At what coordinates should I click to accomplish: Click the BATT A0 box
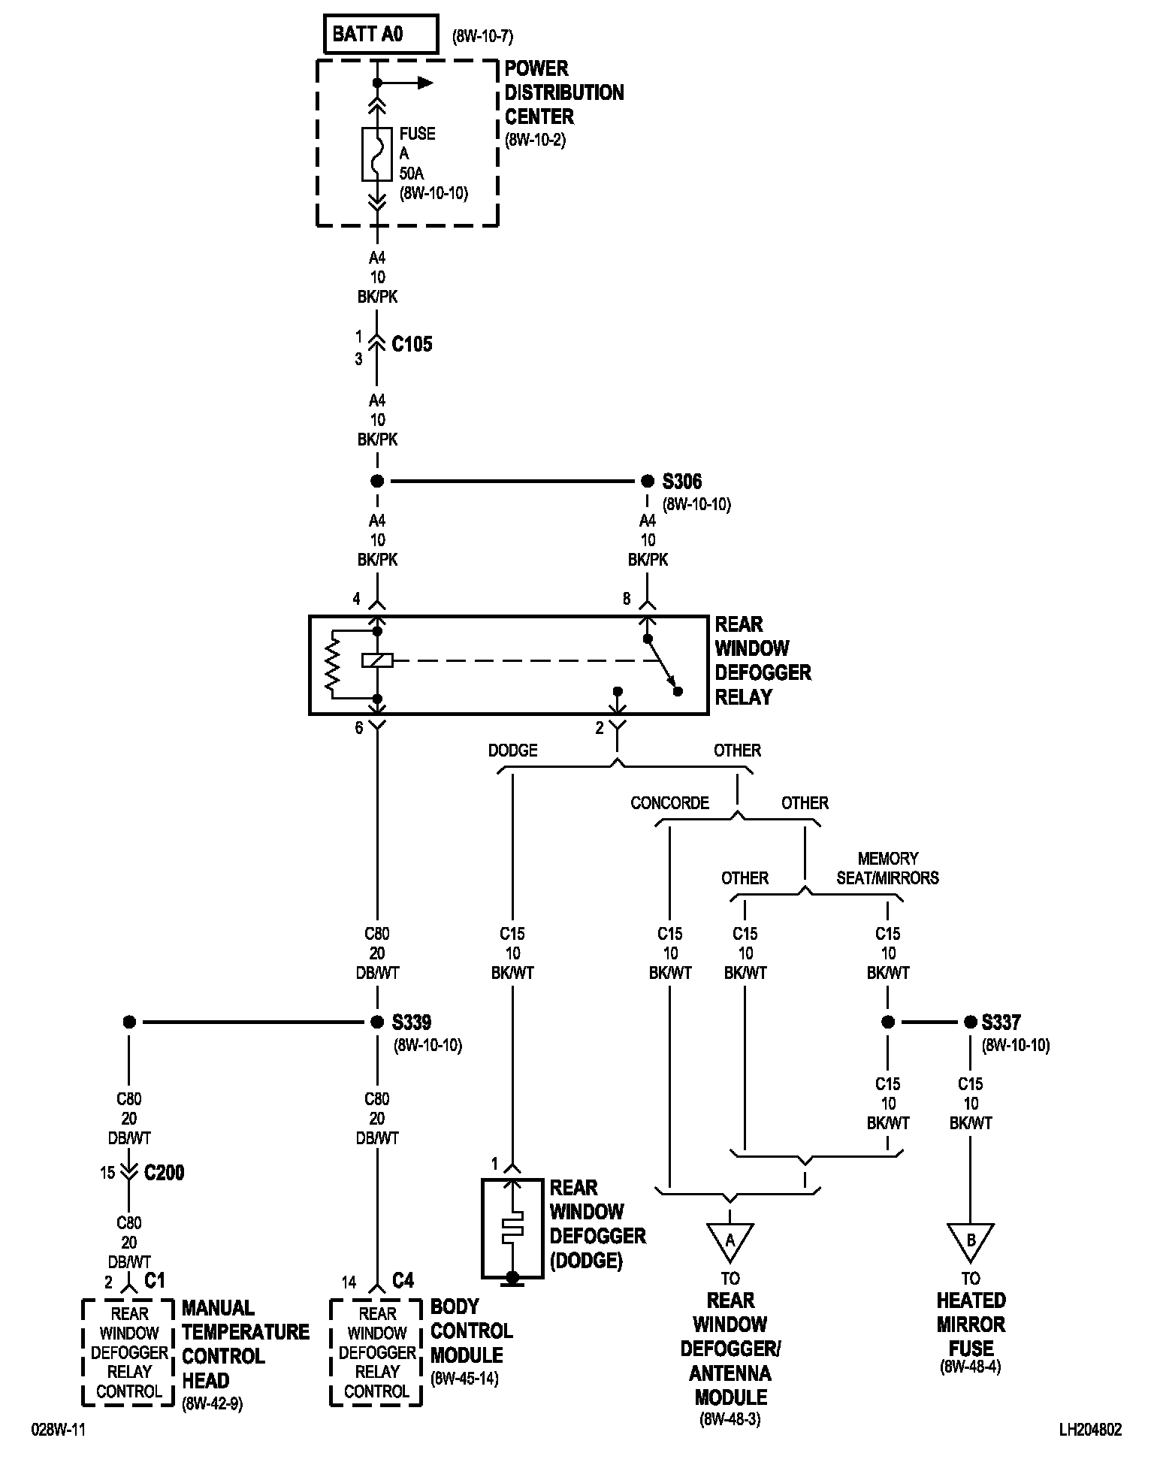(x=381, y=35)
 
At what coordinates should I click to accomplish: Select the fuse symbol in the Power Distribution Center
(x=377, y=154)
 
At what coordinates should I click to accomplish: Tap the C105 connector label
(x=412, y=345)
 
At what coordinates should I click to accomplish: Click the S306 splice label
(x=682, y=481)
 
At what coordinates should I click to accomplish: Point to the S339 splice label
(x=412, y=1023)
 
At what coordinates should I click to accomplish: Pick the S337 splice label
(x=1001, y=1023)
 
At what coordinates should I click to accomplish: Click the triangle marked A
(x=730, y=1242)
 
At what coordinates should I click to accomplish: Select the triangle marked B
(x=970, y=1242)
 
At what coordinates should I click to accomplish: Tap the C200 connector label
(x=164, y=1172)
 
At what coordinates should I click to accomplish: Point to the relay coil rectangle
(x=376, y=660)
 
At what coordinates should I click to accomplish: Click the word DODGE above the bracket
(x=512, y=751)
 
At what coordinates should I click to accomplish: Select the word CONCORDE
(x=669, y=803)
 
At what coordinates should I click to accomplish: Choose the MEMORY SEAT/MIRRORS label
(x=887, y=868)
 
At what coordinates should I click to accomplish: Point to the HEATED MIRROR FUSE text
(x=971, y=1324)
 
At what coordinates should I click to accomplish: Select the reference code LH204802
(x=1089, y=1430)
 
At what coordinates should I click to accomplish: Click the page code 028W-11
(x=58, y=1430)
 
